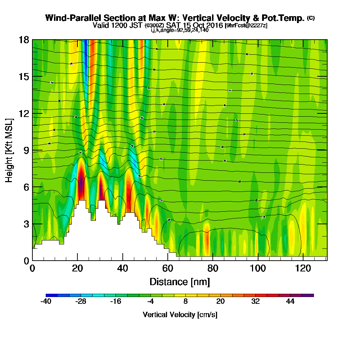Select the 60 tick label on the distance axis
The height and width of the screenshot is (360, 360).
tap(168, 268)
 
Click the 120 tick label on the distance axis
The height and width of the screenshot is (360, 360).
tap(303, 268)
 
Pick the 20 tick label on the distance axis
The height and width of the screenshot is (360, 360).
tap(77, 268)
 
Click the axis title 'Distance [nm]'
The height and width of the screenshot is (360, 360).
tap(180, 282)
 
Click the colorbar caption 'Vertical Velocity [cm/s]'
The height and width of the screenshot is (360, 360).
tap(180, 315)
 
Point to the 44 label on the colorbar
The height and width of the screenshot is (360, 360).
tap(290, 302)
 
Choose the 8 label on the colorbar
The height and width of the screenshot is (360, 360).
tap(185, 302)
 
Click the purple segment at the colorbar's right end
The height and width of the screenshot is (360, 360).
tap(309, 295)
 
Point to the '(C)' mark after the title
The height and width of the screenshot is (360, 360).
tap(311, 18)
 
